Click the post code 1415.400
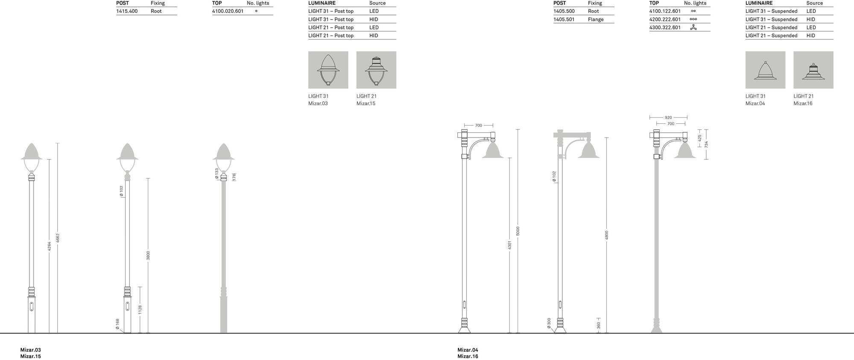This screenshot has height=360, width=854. (x=127, y=11)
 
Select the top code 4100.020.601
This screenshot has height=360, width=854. (x=228, y=11)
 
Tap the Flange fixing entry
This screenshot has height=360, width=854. (x=596, y=19)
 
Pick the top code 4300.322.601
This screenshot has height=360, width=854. (x=665, y=27)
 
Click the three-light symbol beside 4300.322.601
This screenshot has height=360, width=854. (x=693, y=27)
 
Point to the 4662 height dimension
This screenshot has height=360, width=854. (x=58, y=238)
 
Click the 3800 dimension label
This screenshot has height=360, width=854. (x=148, y=255)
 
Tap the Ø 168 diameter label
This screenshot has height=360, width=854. (x=117, y=324)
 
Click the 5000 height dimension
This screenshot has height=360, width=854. (x=518, y=231)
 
